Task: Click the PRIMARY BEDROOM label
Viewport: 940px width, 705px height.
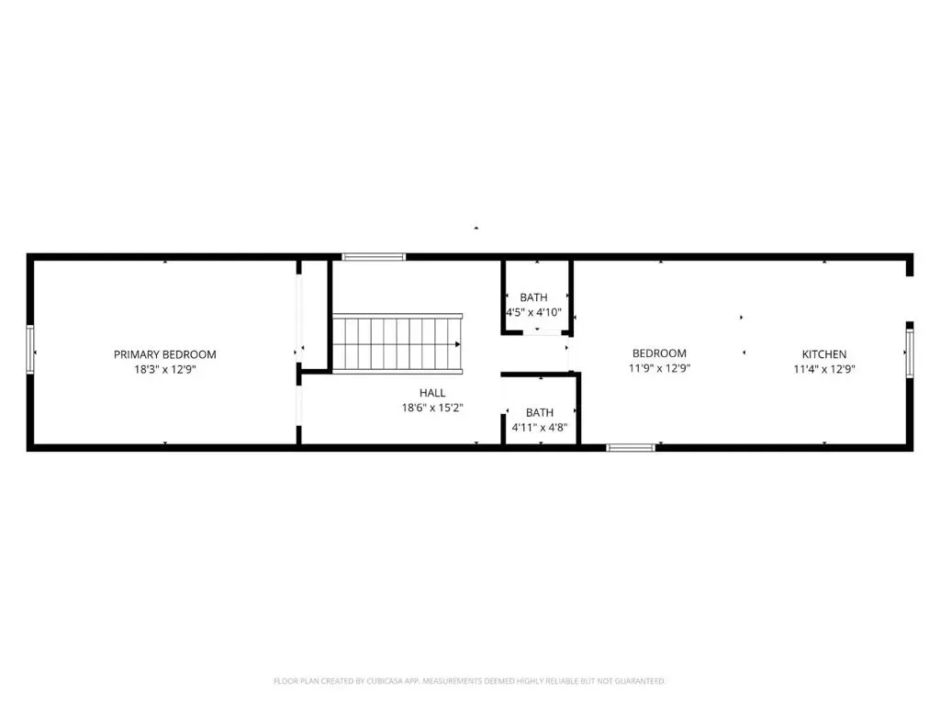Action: [x=165, y=354]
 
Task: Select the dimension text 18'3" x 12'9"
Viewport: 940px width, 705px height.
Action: [x=165, y=369]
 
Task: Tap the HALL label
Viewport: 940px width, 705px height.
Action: [x=432, y=393]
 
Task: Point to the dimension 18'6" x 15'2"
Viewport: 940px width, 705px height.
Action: [x=432, y=408]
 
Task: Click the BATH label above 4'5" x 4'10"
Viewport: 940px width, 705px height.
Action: [x=533, y=297]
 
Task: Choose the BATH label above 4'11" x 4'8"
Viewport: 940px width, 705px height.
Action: [x=540, y=412]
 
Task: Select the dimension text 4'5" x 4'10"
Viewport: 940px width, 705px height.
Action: [x=533, y=312]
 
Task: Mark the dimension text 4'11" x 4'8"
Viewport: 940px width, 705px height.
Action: [x=540, y=428]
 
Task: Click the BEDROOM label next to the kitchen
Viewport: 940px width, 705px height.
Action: [x=659, y=353]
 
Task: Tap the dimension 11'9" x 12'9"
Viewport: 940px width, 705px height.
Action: [x=659, y=368]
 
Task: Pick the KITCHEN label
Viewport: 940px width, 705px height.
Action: [x=824, y=354]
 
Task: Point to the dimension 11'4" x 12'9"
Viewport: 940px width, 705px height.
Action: [x=824, y=369]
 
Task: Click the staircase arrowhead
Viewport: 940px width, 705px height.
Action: [x=457, y=344]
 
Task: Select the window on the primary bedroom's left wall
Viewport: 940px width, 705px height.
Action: [x=30, y=350]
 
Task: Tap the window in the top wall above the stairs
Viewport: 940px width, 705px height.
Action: [x=374, y=257]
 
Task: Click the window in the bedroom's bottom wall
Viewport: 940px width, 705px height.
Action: [x=631, y=447]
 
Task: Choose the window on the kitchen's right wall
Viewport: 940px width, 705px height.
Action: [x=910, y=353]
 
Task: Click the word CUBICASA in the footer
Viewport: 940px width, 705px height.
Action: [x=385, y=681]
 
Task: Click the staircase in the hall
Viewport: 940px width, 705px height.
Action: [x=397, y=343]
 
